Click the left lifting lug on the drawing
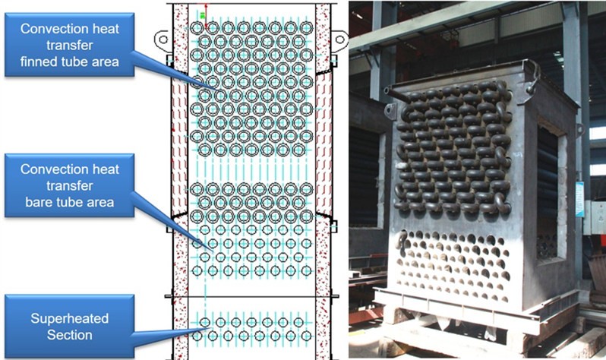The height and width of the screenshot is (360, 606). (163, 38)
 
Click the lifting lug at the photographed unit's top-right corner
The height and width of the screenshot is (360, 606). (531, 73)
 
